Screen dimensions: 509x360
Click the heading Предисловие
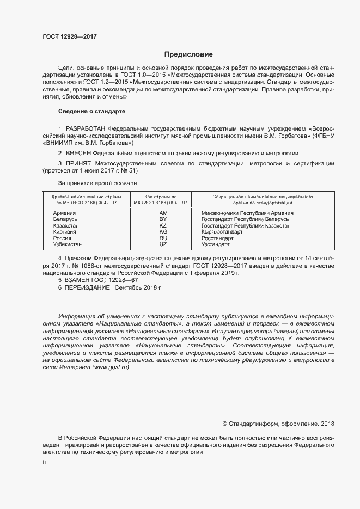188,54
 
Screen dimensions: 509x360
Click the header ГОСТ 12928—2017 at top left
69,36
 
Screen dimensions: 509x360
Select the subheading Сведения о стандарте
91,111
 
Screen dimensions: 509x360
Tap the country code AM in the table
163,213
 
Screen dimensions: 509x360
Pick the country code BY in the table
163,219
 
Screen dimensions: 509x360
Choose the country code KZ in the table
163,226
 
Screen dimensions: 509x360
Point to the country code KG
163,232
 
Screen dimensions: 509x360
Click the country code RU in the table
163,238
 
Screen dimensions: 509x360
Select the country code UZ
163,244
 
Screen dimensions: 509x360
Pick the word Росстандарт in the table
217,238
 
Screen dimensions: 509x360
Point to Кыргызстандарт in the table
222,232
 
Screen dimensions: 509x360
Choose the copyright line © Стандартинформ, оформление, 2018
278,424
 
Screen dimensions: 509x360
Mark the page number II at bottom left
45,462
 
